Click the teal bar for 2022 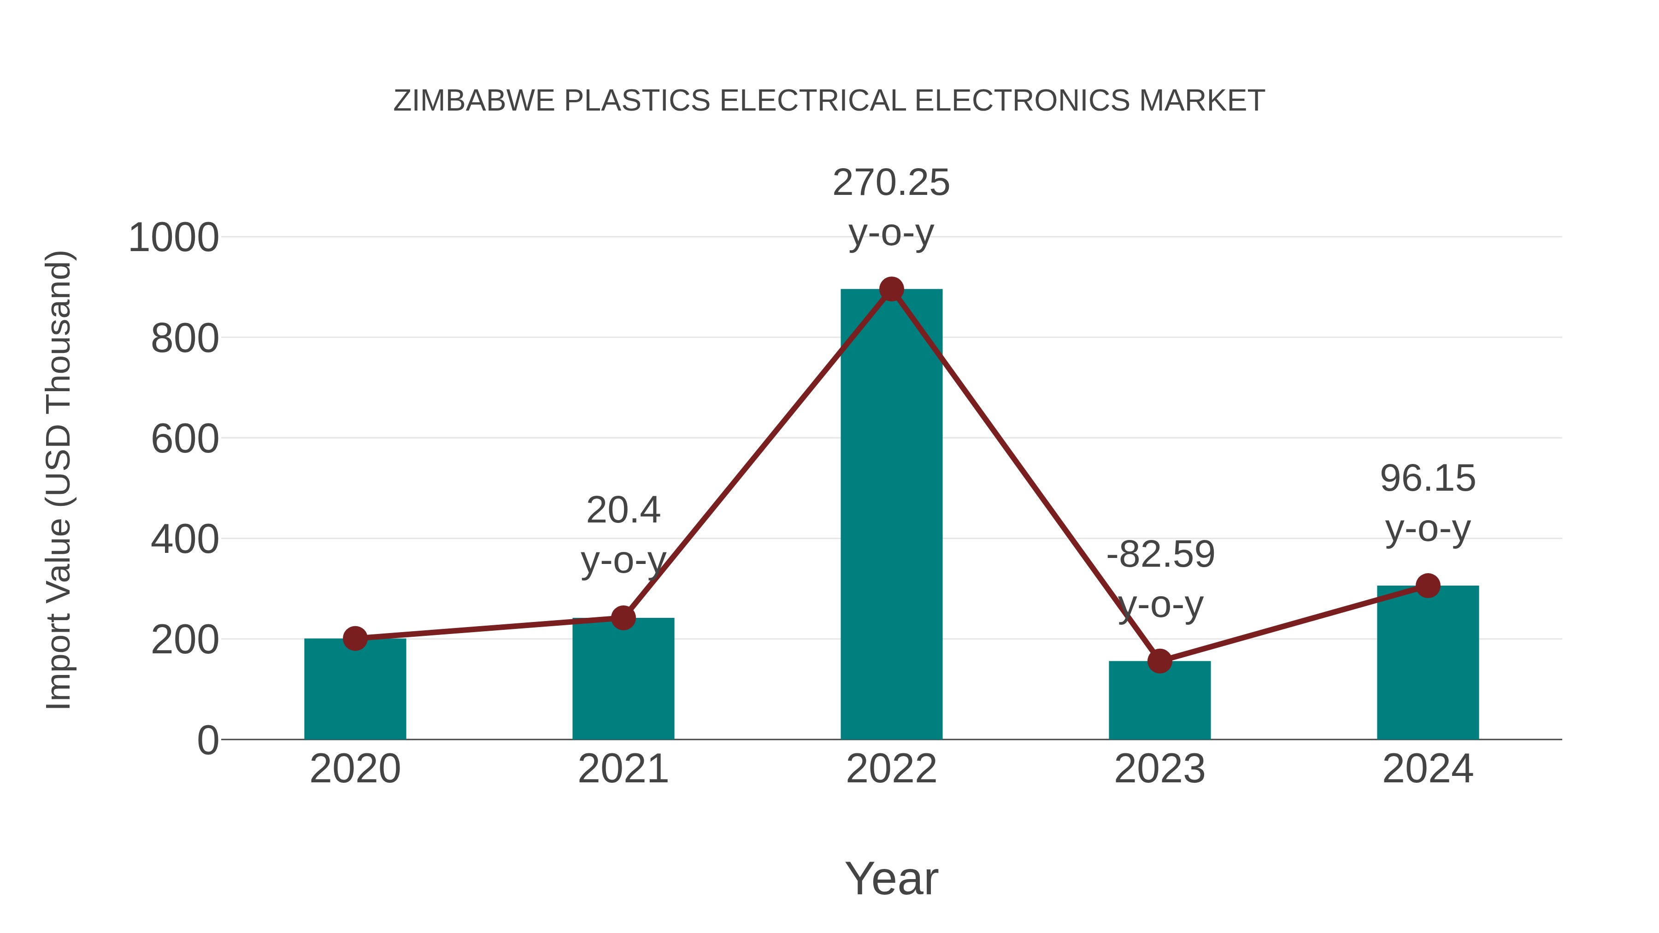(891, 515)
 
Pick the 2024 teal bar (1428, 663)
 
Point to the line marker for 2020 (355, 638)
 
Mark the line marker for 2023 (1159, 661)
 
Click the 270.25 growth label (891, 183)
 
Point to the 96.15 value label (1428, 479)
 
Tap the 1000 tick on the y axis (174, 238)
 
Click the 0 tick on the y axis (207, 740)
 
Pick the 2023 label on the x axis (1159, 769)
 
